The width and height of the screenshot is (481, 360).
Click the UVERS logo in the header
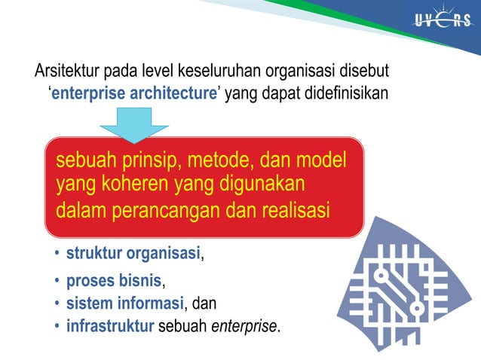click(x=442, y=20)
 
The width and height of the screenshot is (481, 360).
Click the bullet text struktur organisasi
click(x=133, y=253)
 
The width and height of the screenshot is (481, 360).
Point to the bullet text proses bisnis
click(x=114, y=282)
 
